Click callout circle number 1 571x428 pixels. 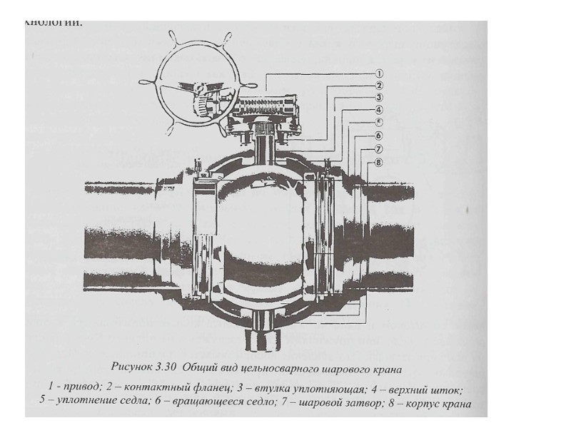380,73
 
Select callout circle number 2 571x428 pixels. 380,85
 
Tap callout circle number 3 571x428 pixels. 380,98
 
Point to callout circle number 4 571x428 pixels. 380,110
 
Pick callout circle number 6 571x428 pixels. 380,136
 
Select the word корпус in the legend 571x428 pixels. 422,404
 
